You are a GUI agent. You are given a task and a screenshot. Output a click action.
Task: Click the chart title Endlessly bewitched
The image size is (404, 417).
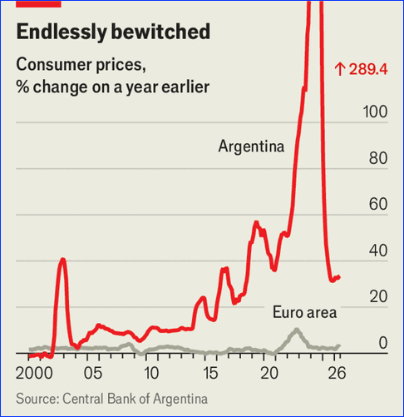[x=113, y=32]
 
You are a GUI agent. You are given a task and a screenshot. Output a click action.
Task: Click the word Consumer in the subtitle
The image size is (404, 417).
[x=54, y=64]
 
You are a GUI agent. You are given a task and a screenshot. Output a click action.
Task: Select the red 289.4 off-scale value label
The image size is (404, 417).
[x=362, y=69]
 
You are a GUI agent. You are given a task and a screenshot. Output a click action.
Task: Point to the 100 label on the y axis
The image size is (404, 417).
[x=375, y=112]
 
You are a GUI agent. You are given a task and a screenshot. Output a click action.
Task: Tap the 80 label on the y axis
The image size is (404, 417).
[x=378, y=158]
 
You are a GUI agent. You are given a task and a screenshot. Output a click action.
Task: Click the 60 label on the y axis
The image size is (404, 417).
[x=378, y=204]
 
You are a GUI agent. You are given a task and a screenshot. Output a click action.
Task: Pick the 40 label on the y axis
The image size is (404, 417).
[x=378, y=251]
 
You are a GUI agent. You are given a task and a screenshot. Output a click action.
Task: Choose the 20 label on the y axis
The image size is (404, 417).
[x=378, y=296]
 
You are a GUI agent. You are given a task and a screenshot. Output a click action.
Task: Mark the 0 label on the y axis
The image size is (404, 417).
[x=383, y=343]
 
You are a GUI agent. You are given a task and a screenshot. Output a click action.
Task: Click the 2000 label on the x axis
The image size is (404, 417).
[x=34, y=373]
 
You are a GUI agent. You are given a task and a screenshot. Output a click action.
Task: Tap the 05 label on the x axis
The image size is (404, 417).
[x=93, y=373]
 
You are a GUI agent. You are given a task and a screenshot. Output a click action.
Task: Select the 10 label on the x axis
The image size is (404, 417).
[x=151, y=373]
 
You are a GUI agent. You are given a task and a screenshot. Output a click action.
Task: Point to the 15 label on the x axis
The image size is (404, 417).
[x=210, y=373]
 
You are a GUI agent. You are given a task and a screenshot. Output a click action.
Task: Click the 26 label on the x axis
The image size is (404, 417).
[x=337, y=373]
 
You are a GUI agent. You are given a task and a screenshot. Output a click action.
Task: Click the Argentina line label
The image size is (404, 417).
[x=251, y=146]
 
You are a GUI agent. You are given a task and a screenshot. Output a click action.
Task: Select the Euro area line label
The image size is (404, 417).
[x=305, y=312]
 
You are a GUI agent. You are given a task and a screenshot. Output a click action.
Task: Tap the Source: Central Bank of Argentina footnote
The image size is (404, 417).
[x=112, y=399]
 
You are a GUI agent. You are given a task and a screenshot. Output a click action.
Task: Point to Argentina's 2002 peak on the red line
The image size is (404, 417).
[x=63, y=260]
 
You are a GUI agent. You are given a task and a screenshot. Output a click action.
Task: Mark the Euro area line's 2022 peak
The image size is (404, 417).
[x=297, y=330]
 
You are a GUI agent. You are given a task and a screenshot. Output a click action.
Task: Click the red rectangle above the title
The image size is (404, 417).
[x=38, y=3]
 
